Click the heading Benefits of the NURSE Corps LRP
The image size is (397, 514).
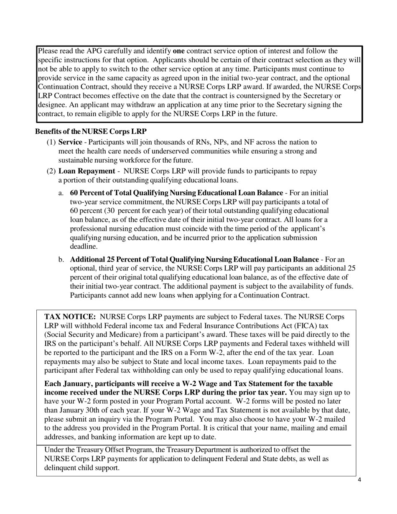click(x=91, y=132)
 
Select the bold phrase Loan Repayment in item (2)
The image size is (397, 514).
click(x=87, y=171)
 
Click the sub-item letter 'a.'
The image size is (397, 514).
click(x=61, y=193)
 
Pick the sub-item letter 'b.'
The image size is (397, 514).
click(x=61, y=260)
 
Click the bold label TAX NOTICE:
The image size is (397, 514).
click(x=70, y=317)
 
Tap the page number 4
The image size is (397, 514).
click(x=359, y=480)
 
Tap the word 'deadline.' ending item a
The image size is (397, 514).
click(x=84, y=247)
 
